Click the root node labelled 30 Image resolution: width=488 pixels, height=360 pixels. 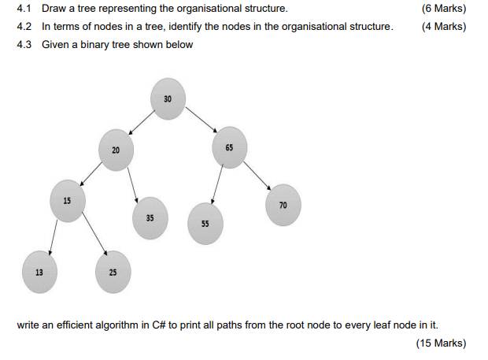168,99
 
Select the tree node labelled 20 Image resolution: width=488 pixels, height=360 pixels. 116,150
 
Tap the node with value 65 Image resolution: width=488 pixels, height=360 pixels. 229,147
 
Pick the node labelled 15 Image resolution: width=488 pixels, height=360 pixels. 67,200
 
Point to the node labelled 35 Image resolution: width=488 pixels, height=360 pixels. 150,217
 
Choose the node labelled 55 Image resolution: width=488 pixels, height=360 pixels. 205,223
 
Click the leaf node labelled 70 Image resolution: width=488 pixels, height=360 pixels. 283,205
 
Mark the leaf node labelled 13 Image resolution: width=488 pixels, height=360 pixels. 38,272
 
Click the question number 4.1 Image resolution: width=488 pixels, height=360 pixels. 24,9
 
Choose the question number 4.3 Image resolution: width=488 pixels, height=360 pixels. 24,44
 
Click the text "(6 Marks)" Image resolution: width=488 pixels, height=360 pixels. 444,9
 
